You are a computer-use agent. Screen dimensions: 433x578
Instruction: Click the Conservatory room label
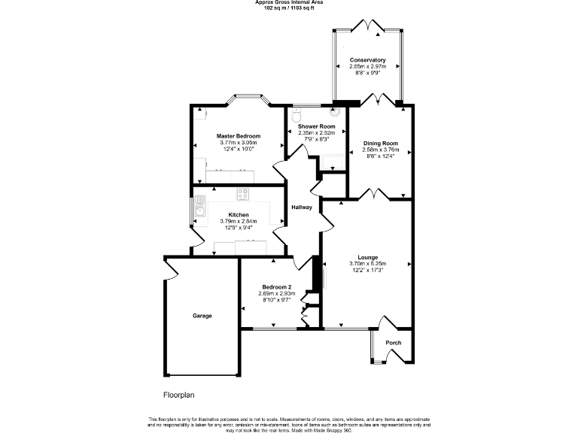(x=367, y=60)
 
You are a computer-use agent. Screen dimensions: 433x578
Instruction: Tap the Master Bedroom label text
(x=239, y=136)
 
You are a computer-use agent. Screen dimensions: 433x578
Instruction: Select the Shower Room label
(x=316, y=126)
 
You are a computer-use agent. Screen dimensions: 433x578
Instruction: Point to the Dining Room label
(x=380, y=143)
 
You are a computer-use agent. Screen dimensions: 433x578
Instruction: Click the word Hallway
(x=302, y=207)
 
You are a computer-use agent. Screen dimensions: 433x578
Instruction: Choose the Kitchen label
(x=239, y=215)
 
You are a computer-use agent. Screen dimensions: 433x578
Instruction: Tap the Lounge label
(x=367, y=257)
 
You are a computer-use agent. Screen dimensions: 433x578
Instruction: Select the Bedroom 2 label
(x=276, y=287)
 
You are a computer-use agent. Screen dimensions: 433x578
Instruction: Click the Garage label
(x=202, y=316)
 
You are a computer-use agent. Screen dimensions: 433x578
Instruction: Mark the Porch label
(x=393, y=343)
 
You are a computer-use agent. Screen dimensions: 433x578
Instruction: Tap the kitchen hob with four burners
(x=243, y=194)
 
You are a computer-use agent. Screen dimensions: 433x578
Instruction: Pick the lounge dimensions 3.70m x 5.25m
(x=367, y=264)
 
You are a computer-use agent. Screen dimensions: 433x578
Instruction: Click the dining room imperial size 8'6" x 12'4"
(x=380, y=156)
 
